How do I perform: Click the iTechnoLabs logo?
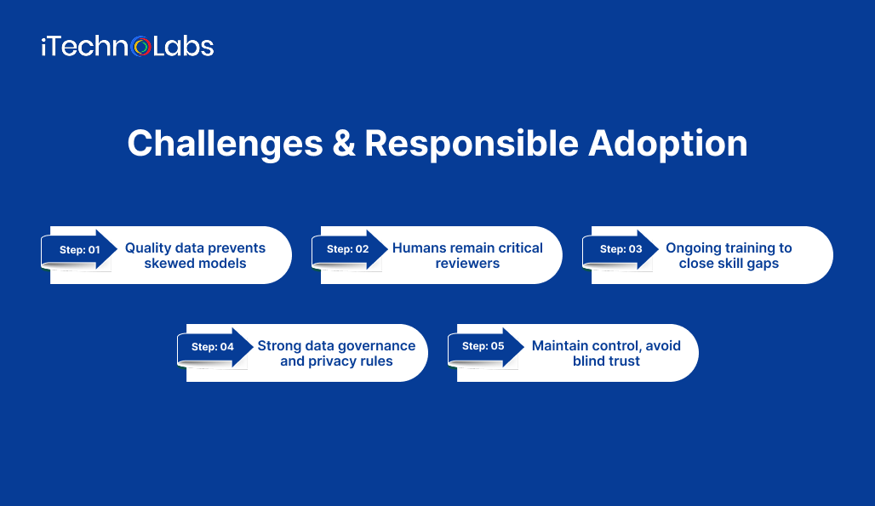click(x=127, y=46)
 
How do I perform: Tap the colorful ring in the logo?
click(x=142, y=47)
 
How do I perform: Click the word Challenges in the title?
click(x=225, y=143)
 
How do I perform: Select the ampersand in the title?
click(x=343, y=143)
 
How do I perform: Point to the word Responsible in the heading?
click(x=471, y=143)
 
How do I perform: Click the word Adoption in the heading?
click(x=667, y=143)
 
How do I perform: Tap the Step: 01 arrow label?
click(x=80, y=249)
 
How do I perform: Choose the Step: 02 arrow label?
click(x=349, y=249)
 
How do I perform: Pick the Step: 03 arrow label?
click(x=621, y=249)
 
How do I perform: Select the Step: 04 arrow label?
click(x=214, y=347)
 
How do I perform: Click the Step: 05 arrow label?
click(x=484, y=347)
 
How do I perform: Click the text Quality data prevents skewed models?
click(x=195, y=255)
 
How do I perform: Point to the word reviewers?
click(x=467, y=264)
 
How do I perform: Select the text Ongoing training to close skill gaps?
click(x=729, y=255)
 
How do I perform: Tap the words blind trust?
click(x=606, y=361)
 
